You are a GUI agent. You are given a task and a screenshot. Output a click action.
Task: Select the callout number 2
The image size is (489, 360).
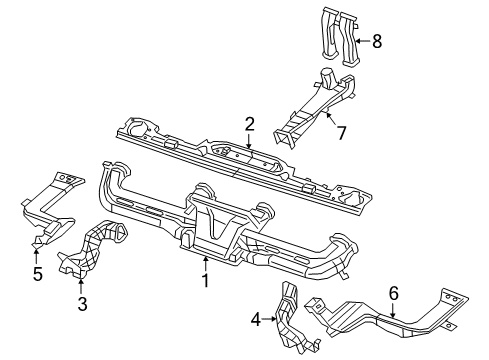(250, 124)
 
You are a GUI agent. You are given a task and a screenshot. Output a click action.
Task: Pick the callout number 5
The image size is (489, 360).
(37, 273)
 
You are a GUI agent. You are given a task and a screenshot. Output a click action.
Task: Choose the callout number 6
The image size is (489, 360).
(394, 292)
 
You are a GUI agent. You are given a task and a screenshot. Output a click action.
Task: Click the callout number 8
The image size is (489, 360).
(376, 41)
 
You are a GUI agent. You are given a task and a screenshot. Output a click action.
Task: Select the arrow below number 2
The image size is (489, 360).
(249, 145)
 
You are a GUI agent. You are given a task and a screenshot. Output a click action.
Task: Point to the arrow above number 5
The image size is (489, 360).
(37, 250)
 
